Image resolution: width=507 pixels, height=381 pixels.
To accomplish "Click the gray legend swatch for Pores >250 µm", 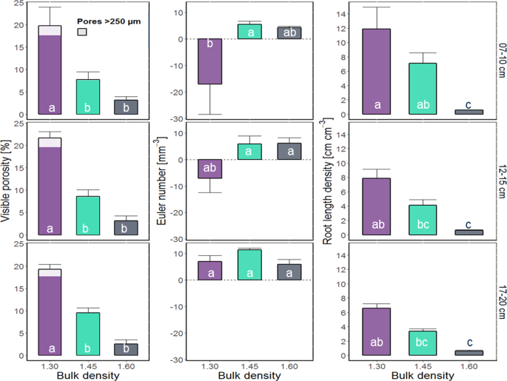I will coord(82,32).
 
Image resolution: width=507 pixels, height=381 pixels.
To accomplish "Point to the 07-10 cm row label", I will coord(500,60).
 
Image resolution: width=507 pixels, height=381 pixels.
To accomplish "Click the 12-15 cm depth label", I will coord(500,181).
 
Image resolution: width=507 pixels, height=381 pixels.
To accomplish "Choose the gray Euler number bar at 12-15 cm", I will coord(289,151).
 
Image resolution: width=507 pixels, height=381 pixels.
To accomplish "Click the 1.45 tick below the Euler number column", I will coord(249,368).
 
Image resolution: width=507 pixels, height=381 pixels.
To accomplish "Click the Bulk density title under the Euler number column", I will coord(249,377).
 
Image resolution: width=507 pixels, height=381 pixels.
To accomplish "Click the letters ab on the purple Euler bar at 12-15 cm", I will coord(209,166).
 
